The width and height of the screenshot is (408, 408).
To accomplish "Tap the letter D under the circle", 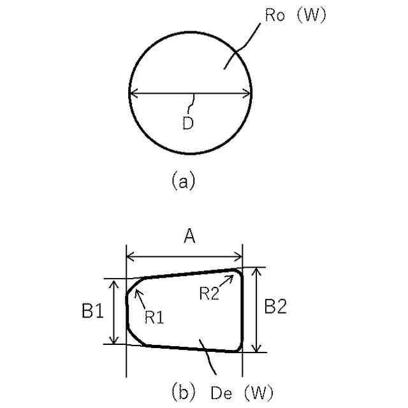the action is pos(187,124).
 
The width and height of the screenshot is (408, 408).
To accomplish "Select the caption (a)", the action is pos(183,182).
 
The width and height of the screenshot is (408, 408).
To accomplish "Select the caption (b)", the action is pos(183,390).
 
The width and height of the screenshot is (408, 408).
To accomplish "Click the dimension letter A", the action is pos(189,238).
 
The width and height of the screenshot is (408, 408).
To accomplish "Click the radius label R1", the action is pos(154,317).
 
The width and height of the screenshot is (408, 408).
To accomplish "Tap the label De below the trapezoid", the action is pos(221,390).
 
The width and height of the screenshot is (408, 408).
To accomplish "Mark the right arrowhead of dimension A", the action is pos(240,257).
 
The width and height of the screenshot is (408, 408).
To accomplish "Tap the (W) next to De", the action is pos(258,390).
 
